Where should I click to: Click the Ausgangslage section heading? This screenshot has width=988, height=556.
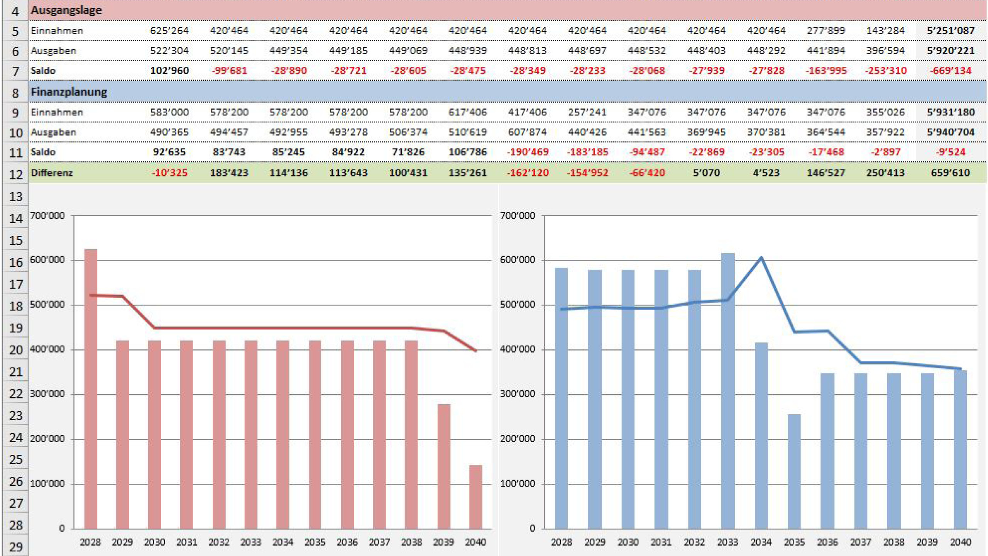66,10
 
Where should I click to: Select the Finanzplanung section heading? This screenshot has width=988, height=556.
69,92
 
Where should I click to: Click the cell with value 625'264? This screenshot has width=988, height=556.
169,31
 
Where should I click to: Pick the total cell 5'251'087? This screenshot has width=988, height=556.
950,31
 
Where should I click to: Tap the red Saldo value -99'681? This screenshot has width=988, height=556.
229,71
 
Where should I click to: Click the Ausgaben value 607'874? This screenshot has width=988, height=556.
527,132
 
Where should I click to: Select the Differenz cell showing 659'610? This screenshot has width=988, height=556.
950,173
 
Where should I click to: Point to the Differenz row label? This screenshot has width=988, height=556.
52,173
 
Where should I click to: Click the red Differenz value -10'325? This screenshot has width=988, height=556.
169,173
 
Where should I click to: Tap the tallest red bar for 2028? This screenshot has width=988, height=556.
91,386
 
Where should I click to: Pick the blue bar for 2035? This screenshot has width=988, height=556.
794,471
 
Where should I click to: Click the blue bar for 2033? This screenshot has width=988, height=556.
728,390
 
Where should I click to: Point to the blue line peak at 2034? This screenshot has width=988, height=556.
761,258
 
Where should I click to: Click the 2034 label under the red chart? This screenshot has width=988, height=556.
283,542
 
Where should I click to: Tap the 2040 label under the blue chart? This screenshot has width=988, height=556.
960,542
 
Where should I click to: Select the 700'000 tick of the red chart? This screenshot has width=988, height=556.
47,216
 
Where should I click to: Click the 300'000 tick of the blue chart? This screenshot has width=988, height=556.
518,394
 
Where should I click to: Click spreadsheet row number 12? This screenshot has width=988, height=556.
15,175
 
